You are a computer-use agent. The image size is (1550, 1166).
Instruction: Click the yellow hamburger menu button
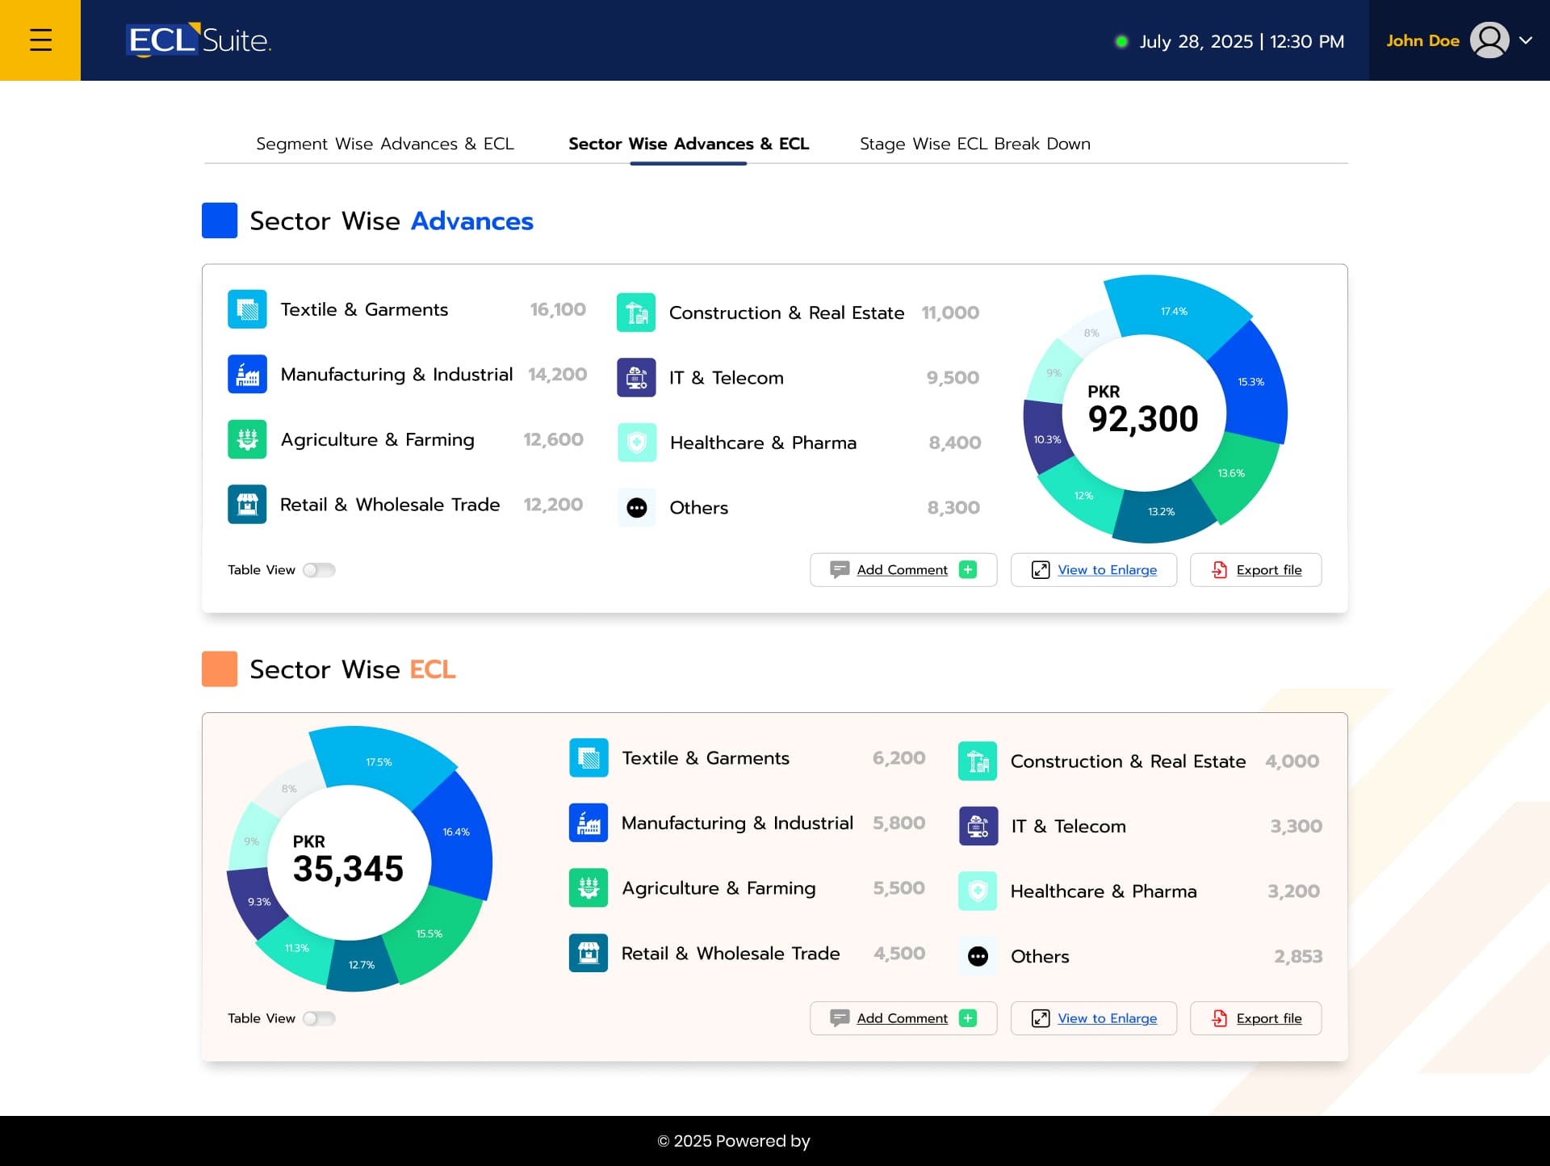(40, 40)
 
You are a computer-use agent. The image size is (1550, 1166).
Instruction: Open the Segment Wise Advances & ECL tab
(384, 144)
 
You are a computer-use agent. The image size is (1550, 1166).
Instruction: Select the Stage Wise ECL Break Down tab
(974, 144)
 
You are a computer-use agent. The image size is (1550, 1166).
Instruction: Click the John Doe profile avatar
(1489, 40)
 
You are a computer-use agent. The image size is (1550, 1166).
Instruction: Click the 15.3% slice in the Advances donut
(1250, 382)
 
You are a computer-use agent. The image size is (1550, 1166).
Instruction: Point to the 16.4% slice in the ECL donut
(456, 832)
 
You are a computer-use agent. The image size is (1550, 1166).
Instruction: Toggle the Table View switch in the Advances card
(319, 570)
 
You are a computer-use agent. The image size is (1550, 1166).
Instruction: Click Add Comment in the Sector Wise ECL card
(903, 1018)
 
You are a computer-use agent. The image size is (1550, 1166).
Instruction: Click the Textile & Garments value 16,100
(557, 309)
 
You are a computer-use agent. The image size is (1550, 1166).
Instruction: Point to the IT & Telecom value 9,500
(953, 378)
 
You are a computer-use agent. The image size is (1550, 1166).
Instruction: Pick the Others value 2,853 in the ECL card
(1297, 956)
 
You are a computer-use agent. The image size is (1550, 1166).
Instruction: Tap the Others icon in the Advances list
(637, 508)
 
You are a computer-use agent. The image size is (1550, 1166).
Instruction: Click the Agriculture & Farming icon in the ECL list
(589, 888)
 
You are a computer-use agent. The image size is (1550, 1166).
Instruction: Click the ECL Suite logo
(199, 40)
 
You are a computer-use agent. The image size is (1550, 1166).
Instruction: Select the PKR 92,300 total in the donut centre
(1142, 411)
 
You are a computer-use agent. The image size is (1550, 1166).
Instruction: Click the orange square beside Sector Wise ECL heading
(220, 669)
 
